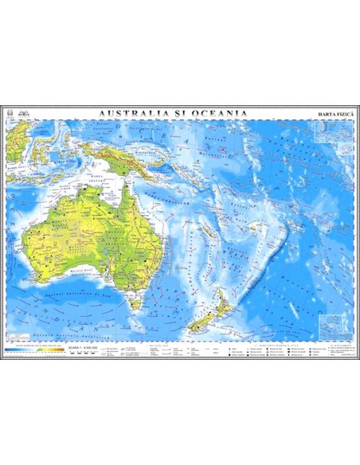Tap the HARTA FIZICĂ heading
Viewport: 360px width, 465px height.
click(333, 116)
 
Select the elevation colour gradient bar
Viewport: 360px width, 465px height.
click(35, 350)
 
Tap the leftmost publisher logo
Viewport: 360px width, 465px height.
click(10, 113)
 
